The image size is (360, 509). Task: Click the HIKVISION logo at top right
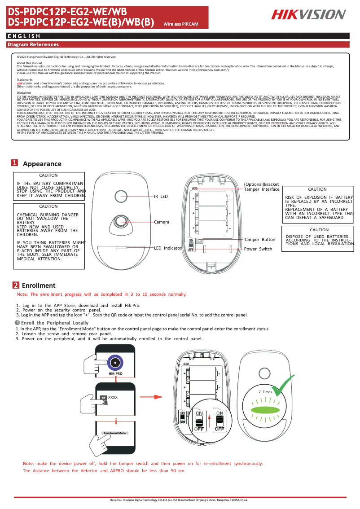click(x=308, y=15)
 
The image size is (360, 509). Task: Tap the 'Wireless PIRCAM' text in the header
click(x=181, y=24)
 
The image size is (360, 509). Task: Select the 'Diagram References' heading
click(x=33, y=44)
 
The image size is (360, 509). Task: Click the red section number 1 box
click(x=15, y=163)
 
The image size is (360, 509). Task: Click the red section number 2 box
click(x=15, y=285)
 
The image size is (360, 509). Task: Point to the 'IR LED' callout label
click(x=161, y=197)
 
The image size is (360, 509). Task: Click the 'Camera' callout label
click(x=162, y=222)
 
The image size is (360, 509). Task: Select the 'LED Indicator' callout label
click(x=167, y=248)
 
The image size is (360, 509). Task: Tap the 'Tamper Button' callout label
click(x=259, y=240)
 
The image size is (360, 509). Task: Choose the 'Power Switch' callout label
click(x=258, y=249)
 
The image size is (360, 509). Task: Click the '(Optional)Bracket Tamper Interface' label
click(x=261, y=187)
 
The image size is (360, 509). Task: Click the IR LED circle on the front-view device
click(x=121, y=196)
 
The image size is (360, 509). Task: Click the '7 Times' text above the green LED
click(x=265, y=392)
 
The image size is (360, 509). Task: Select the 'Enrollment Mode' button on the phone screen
click(x=115, y=433)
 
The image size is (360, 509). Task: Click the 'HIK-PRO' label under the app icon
click(x=115, y=373)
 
